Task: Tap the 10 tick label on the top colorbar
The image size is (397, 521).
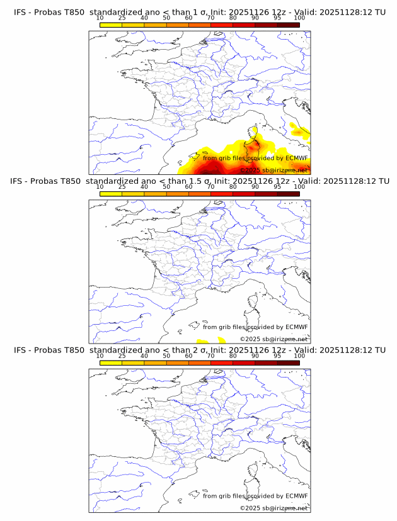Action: point(100,18)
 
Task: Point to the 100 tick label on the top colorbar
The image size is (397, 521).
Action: point(299,18)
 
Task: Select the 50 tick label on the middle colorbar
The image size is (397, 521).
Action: point(166,188)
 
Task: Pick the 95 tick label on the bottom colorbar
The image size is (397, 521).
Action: point(277,356)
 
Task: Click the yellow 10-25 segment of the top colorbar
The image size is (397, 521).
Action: point(111,25)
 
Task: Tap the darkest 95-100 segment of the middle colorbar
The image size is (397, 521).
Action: point(288,194)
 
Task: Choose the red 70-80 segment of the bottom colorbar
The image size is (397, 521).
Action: point(222,362)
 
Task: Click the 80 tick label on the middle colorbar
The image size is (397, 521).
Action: point(233,188)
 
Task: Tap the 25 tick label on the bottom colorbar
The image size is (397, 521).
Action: point(122,356)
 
